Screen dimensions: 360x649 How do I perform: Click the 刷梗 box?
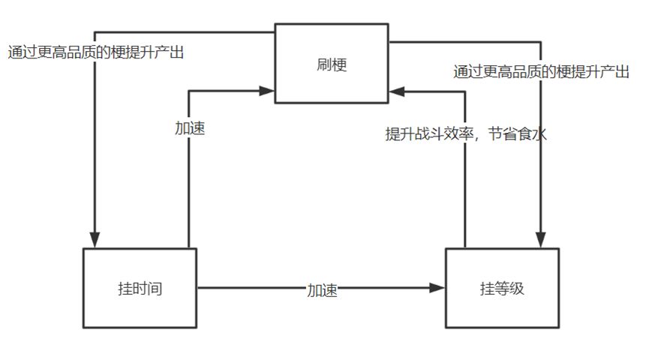[x=331, y=63]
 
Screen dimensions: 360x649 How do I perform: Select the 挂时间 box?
[x=140, y=288]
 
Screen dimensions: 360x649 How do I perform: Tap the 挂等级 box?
[x=502, y=288]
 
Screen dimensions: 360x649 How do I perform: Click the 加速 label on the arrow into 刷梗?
[x=190, y=128]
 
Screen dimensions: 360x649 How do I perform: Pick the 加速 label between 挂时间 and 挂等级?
[x=322, y=291]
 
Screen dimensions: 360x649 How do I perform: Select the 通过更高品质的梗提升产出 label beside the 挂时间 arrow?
[x=96, y=52]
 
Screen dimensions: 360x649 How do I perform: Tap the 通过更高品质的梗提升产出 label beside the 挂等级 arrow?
[x=541, y=72]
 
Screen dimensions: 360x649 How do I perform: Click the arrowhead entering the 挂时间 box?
[x=95, y=241]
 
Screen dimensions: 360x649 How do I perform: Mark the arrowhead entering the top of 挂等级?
[x=540, y=241]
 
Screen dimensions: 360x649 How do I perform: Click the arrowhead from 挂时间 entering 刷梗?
[x=268, y=91]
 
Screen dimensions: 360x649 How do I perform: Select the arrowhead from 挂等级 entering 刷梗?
[x=395, y=91]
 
